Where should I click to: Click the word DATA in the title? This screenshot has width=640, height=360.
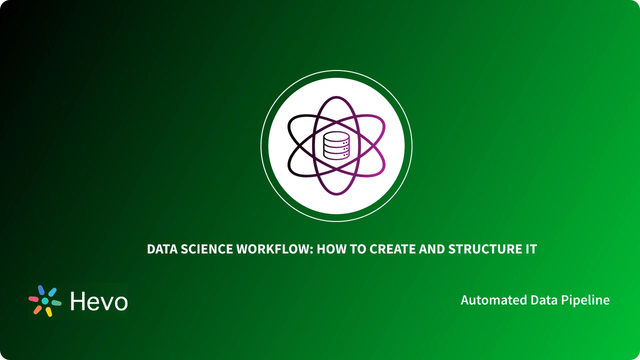click(x=160, y=249)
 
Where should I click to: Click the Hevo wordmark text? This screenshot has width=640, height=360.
click(x=99, y=301)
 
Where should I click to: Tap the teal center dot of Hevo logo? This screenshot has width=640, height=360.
click(x=45, y=301)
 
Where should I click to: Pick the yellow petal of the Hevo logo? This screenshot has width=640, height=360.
click(x=49, y=312)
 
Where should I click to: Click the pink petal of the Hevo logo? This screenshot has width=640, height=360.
click(x=33, y=299)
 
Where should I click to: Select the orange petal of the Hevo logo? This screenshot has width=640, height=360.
click(x=37, y=309)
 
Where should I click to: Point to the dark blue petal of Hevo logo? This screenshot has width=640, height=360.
click(x=41, y=290)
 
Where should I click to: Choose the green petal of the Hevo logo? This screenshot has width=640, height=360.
click(x=56, y=303)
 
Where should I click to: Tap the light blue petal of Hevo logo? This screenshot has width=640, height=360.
click(x=52, y=292)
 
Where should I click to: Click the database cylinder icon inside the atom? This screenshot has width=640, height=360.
click(x=336, y=145)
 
